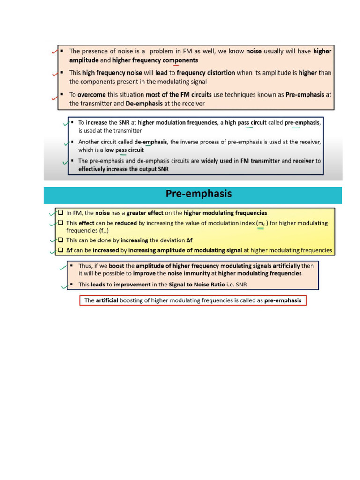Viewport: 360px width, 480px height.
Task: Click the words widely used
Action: pos(217,161)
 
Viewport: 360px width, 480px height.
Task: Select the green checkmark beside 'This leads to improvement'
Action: pos(64,285)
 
